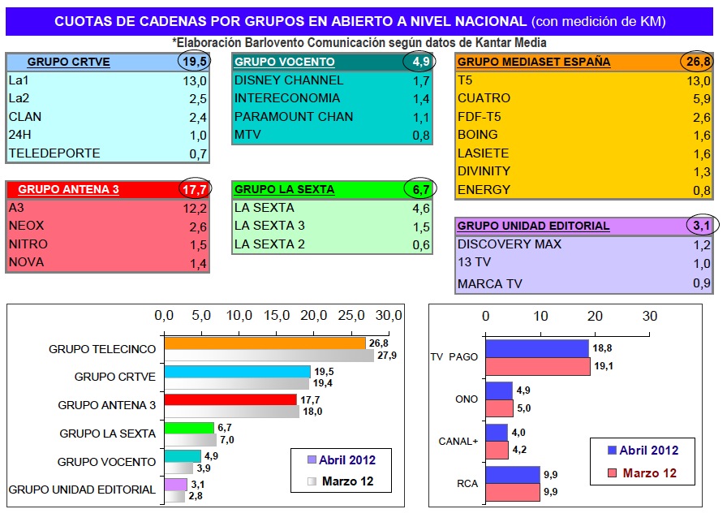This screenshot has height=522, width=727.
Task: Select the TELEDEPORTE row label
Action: pos(54,153)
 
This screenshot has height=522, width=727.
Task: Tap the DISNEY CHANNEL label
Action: pos(289,80)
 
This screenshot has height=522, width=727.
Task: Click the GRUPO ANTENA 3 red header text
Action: pos(69,189)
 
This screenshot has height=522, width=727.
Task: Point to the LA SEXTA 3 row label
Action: pos(269,226)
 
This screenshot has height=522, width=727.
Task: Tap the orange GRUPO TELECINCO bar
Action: pos(265,343)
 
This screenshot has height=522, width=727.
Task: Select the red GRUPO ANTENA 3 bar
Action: pos(230,399)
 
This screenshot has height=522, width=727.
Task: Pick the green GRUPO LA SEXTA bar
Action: pos(189,428)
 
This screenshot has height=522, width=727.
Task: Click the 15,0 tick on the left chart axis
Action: pos(277,315)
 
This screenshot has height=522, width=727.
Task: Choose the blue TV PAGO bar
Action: pos(536,348)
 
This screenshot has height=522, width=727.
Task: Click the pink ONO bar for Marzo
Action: pos(499,408)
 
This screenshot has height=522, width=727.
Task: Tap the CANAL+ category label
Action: pos(454,441)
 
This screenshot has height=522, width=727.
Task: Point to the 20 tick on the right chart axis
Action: pos(595,315)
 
